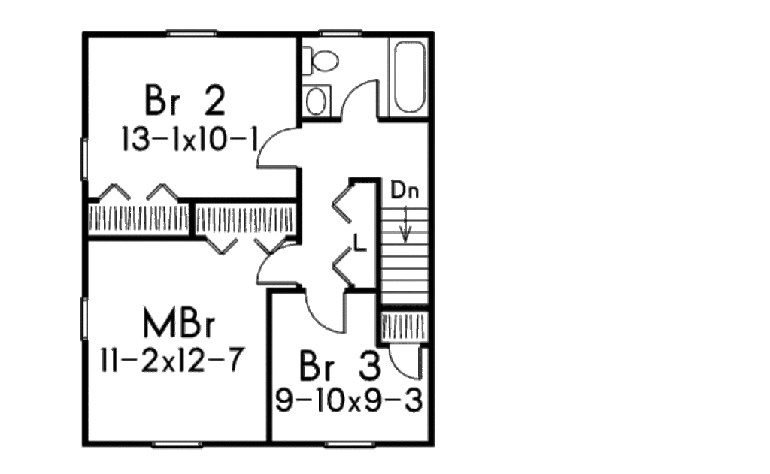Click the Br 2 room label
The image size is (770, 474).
point(185,100)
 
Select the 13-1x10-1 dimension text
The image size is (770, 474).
point(189,140)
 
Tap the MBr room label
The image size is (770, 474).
point(179,322)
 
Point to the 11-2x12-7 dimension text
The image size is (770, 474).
point(171,361)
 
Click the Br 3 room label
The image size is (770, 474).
point(340,366)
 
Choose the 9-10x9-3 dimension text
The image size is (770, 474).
point(349,401)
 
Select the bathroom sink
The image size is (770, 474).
point(316,101)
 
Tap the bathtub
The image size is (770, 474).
point(410,77)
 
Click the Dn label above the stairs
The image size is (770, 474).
point(405,190)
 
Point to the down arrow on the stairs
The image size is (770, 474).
point(405,223)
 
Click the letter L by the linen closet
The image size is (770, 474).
point(360,243)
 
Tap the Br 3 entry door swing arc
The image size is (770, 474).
point(318,314)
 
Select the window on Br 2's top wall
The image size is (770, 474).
point(191,33)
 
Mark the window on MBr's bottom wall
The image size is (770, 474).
point(177,445)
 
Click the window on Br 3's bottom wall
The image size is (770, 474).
point(350,445)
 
